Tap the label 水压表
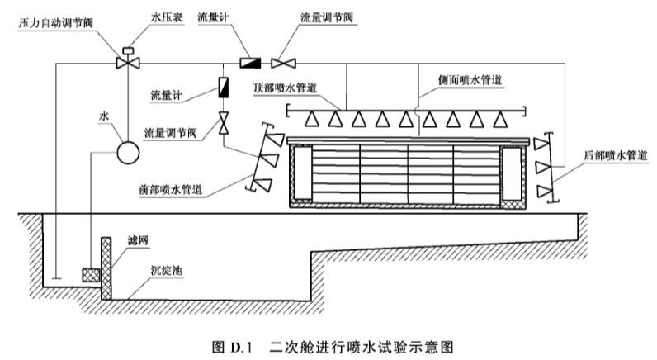163,17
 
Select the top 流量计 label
212,17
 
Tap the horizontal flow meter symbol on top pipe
250,62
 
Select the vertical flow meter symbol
224,86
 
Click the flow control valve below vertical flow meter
224,123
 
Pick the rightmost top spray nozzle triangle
498,119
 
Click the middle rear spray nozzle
543,168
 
